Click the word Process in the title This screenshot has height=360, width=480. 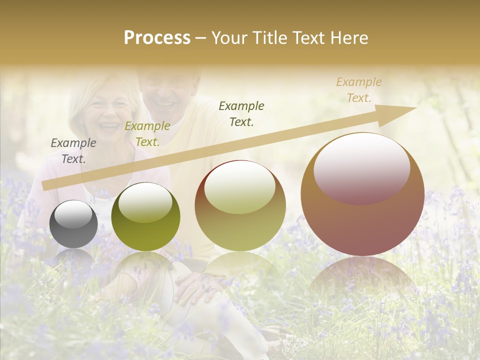157,38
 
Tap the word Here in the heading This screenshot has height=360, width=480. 348,38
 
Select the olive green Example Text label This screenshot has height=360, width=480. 147,134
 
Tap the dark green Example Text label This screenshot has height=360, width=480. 241,113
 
